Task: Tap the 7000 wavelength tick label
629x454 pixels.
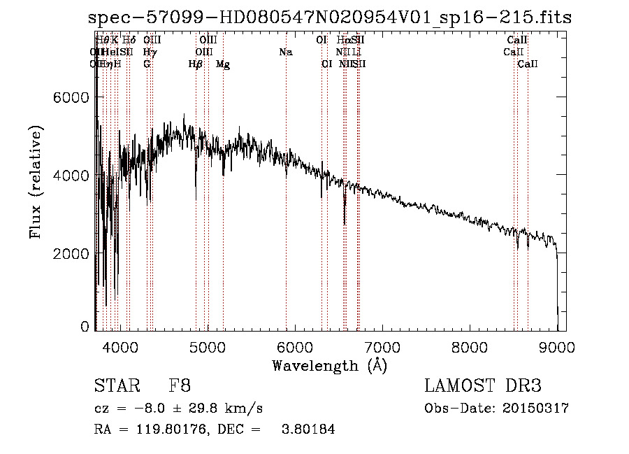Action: point(382,347)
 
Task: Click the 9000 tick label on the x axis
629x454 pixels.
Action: point(557,347)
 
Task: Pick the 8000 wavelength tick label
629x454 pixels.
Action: point(469,347)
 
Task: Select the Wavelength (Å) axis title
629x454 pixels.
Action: point(329,365)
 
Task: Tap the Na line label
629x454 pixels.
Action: point(285,52)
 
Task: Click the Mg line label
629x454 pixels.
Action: point(223,64)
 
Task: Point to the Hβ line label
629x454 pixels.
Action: point(196,64)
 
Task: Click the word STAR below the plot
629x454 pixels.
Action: point(113,386)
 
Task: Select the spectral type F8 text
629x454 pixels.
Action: point(180,386)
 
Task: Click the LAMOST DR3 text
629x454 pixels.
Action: point(482,386)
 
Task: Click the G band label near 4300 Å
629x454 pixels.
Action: point(147,64)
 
